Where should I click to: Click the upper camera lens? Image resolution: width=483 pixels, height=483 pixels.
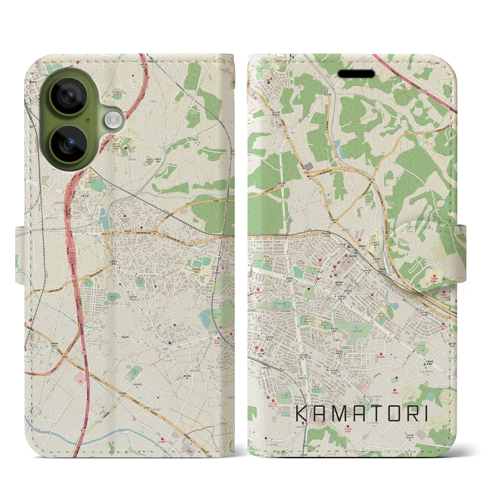(69, 97)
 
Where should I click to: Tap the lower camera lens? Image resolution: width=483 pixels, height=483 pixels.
(69, 145)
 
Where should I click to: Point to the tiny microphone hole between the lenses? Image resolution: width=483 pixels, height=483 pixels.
(88, 120)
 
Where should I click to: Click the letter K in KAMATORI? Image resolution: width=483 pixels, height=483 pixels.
(303, 414)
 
